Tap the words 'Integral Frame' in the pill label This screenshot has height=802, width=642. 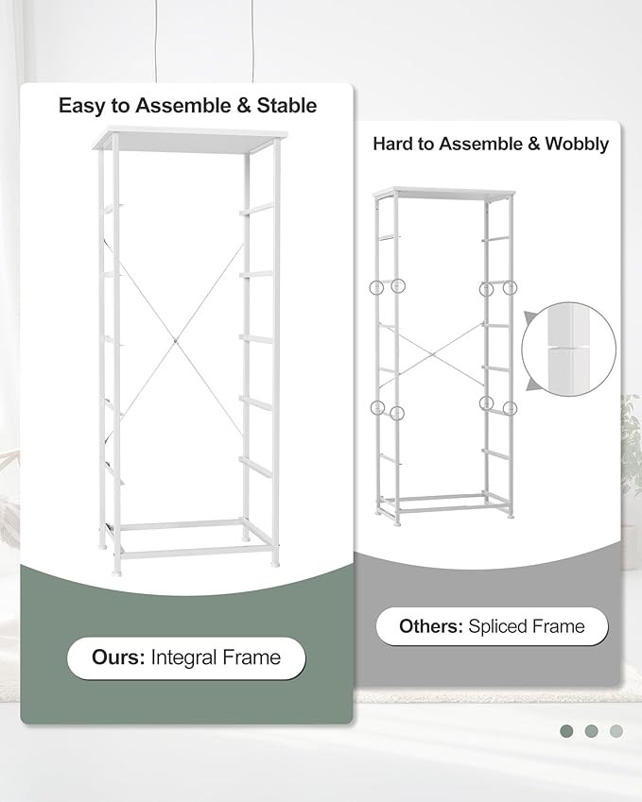coord(216,657)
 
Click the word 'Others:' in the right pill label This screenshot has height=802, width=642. coord(430,626)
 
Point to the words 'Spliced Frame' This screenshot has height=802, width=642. coord(527,626)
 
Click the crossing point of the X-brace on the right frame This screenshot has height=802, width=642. coord(435,355)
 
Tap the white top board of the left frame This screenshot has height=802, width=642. coord(189,139)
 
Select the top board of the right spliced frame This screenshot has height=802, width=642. coord(444,193)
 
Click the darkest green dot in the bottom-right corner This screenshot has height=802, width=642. coord(566,730)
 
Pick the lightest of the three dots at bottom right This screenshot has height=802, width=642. coord(616,730)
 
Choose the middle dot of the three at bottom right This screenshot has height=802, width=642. coord(591,730)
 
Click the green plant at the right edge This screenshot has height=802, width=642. coord(631,444)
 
